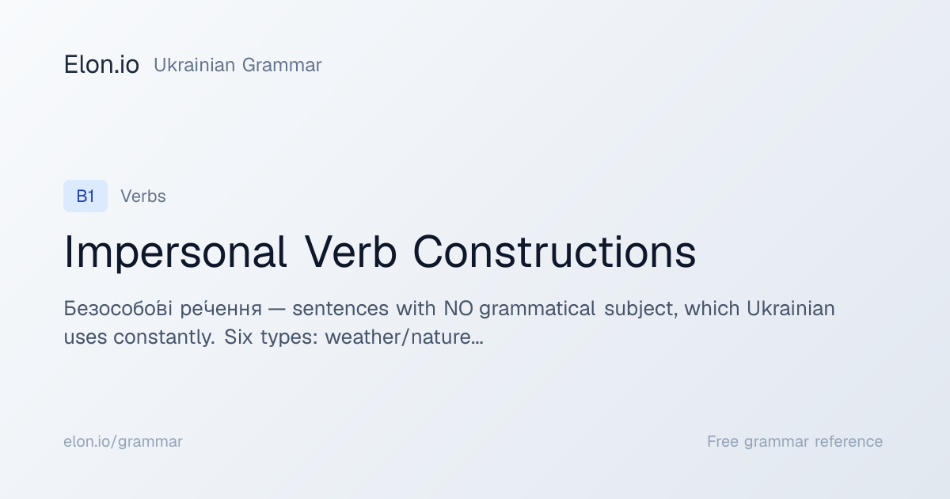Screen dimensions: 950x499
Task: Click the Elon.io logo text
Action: coord(101,65)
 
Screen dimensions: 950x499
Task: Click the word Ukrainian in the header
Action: coord(194,65)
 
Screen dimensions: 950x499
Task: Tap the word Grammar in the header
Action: coord(282,65)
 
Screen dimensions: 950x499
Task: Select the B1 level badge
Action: coord(85,196)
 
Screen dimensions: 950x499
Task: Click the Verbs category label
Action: coord(143,196)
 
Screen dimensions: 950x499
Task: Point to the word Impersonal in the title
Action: coord(175,253)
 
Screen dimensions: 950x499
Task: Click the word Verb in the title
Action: coord(350,252)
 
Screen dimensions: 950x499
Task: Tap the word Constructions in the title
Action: coord(554,252)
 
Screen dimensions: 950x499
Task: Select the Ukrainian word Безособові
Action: coord(118,308)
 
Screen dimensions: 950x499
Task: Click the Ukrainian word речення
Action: coord(221,308)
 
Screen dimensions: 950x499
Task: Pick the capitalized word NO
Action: coord(458,308)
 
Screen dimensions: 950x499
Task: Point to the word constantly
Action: coord(164,337)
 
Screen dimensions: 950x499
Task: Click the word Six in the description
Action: coord(238,337)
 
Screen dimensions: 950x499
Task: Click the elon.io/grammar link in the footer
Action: coord(123,442)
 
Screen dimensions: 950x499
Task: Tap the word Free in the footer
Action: coord(723,441)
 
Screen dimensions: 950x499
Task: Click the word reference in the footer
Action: coord(849,441)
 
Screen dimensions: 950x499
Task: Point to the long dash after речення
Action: coord(276,310)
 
